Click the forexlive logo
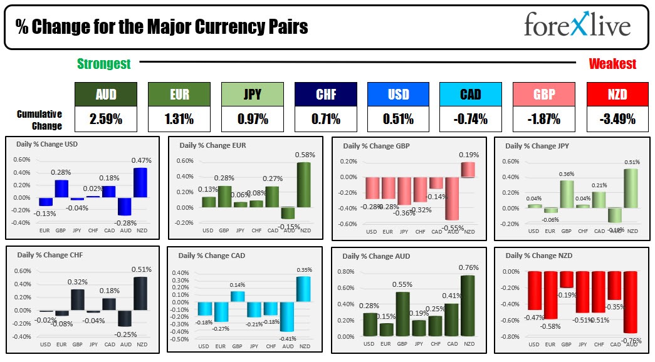(x=577, y=26)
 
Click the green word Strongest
(x=104, y=63)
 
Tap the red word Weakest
(x=612, y=63)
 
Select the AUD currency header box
(x=105, y=94)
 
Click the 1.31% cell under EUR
(x=179, y=118)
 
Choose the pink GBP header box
(x=543, y=94)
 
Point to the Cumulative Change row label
(x=39, y=120)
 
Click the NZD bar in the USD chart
(x=141, y=183)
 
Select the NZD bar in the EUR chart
(x=305, y=185)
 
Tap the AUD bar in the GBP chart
(x=451, y=199)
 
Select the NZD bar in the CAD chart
(x=303, y=289)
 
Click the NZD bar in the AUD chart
(x=467, y=306)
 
